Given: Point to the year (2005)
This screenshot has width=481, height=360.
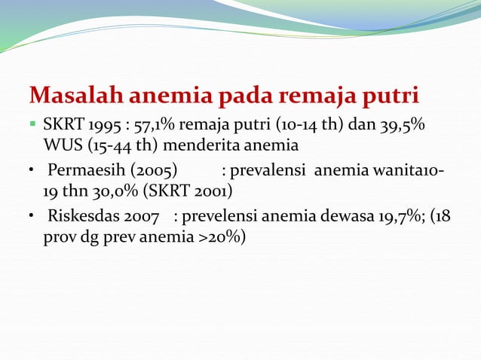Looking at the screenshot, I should [158, 169].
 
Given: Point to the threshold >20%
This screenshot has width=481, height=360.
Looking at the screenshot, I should [224, 237].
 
